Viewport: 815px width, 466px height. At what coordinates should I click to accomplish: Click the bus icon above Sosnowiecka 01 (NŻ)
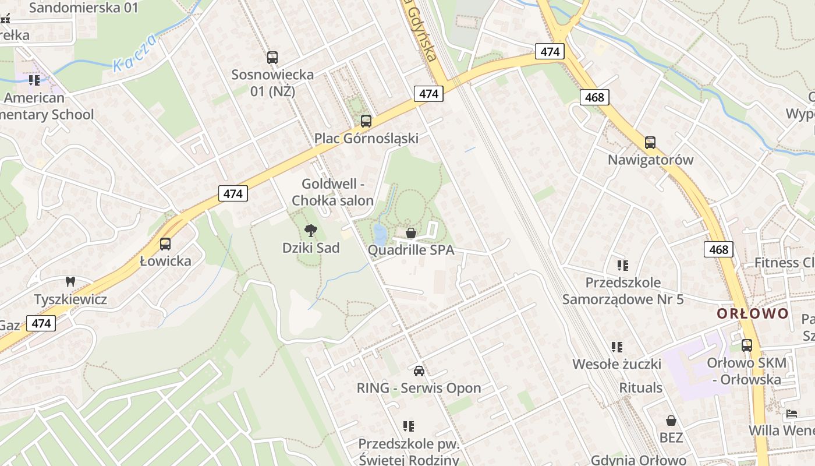point(272,58)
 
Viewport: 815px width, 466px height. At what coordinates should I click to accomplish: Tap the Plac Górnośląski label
point(366,139)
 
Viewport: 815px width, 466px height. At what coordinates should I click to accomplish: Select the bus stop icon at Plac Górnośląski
point(366,121)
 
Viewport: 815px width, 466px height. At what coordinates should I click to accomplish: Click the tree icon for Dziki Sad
point(311,231)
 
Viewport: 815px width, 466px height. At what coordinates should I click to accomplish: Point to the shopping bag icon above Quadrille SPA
point(411,234)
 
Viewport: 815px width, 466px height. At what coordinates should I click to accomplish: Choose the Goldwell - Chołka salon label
point(332,192)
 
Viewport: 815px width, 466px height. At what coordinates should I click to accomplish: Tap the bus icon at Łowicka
point(165,244)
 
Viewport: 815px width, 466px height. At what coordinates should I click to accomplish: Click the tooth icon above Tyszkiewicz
point(70,282)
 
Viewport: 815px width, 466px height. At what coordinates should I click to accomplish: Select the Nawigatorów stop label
point(650,160)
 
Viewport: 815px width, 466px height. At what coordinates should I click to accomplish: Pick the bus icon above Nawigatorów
point(650,143)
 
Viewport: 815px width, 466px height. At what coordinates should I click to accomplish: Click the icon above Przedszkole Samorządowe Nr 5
point(623,266)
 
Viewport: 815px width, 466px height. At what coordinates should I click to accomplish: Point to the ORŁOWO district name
point(753,314)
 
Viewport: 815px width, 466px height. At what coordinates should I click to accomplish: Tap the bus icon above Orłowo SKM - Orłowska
point(746,345)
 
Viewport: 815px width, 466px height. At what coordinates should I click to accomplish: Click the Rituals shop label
point(640,388)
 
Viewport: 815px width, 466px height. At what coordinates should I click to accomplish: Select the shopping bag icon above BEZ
point(671,421)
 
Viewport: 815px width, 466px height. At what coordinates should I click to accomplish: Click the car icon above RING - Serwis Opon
point(419,371)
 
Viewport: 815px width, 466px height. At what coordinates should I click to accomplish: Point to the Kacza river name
point(134,53)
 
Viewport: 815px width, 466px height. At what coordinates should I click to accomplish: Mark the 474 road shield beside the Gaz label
point(41,323)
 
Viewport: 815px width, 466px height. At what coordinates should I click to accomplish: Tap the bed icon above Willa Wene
point(791,414)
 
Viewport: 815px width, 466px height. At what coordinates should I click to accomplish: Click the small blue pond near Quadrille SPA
point(380,234)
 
